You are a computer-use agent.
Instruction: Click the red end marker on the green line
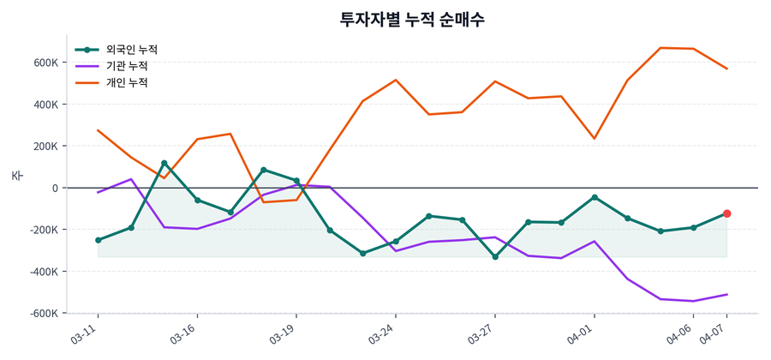click(x=726, y=213)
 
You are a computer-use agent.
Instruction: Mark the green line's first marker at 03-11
click(x=98, y=240)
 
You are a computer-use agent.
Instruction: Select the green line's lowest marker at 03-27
click(x=495, y=257)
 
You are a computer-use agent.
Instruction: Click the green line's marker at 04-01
click(x=595, y=197)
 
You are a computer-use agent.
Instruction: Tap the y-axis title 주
click(x=16, y=176)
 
